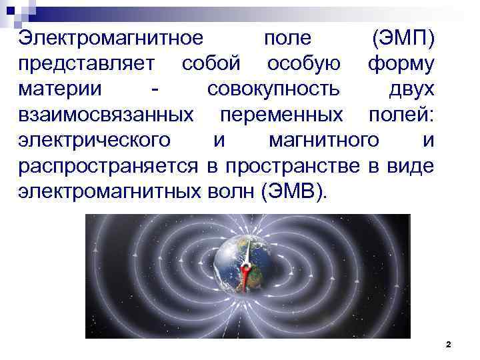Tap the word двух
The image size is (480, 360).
412,89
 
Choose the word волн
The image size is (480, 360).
228,191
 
